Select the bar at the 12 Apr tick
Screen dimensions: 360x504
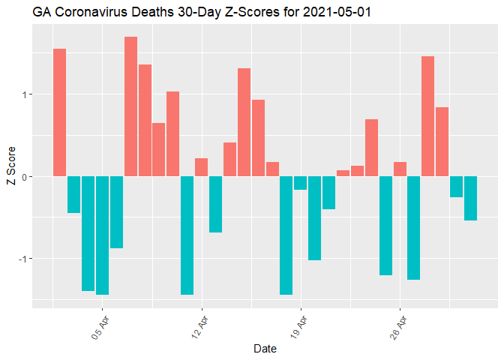coord(201,167)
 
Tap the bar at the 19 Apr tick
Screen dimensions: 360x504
coord(300,183)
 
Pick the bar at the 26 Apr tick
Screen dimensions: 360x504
coord(400,169)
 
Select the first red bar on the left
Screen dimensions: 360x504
coord(60,112)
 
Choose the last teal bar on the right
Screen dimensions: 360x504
coord(470,198)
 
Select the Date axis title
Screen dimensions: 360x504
coord(265,349)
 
